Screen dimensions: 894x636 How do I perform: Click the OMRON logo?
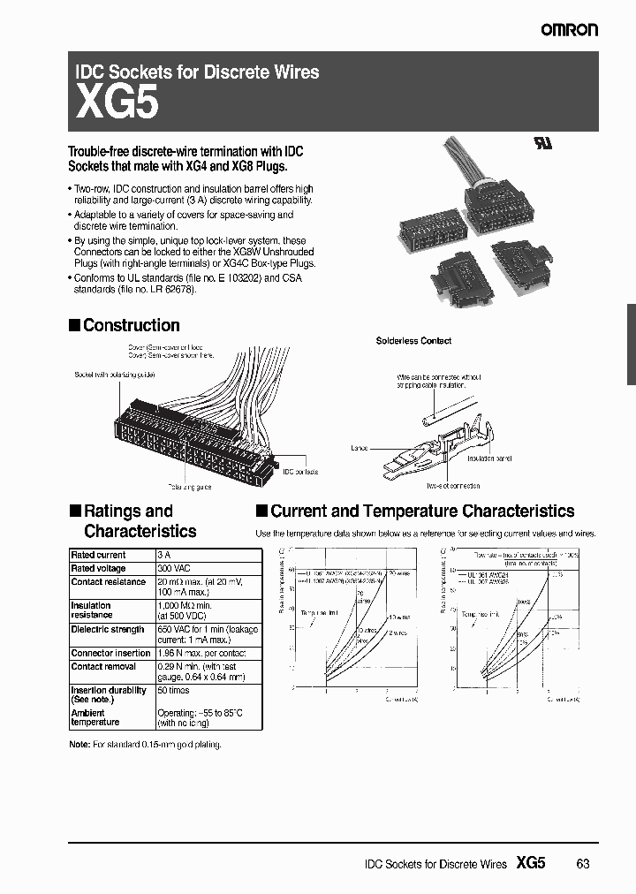[570, 29]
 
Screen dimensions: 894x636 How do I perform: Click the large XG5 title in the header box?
[117, 104]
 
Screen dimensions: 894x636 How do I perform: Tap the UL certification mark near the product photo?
[541, 145]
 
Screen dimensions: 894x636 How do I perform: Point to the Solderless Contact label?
[413, 340]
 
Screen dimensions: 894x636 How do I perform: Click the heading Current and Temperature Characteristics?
[422, 511]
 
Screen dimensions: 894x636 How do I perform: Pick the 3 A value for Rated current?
[163, 555]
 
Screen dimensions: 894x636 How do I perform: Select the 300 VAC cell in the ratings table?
[173, 568]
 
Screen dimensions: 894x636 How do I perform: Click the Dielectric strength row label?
[107, 629]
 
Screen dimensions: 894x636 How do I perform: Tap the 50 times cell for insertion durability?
[174, 690]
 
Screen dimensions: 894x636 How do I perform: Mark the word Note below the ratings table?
[79, 745]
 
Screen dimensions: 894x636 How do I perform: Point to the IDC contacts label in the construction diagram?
[299, 473]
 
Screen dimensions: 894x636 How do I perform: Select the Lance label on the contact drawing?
[359, 449]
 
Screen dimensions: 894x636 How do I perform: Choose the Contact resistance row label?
[108, 582]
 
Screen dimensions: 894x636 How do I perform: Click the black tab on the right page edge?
[631, 345]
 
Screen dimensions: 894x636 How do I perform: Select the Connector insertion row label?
[110, 653]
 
